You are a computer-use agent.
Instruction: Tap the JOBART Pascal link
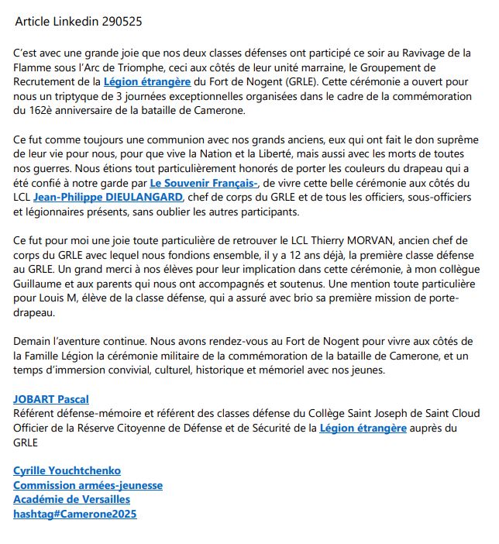tap(51, 399)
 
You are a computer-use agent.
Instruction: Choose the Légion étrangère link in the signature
tap(363, 427)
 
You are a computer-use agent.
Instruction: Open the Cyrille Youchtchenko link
tap(67, 470)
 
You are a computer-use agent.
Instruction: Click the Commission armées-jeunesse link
tap(88, 485)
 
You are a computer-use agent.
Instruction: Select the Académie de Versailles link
tap(71, 499)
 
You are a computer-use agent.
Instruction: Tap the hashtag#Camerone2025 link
tap(75, 514)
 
